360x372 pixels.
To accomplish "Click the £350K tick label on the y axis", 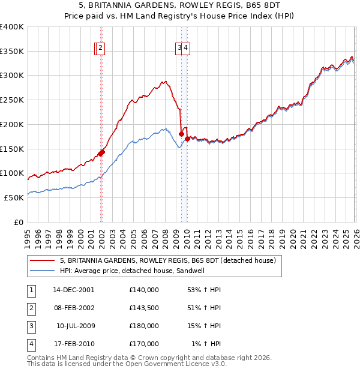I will (12, 52).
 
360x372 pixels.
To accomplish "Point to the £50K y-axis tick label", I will (14, 197).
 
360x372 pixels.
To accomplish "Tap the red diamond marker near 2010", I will (187, 139).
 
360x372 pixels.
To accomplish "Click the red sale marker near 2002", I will (101, 152).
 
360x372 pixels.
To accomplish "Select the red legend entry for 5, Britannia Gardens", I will (167, 260).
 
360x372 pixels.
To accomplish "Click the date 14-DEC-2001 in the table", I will (74, 289).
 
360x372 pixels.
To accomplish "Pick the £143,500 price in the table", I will (144, 308).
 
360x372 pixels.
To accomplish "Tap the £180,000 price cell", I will (144, 326).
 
